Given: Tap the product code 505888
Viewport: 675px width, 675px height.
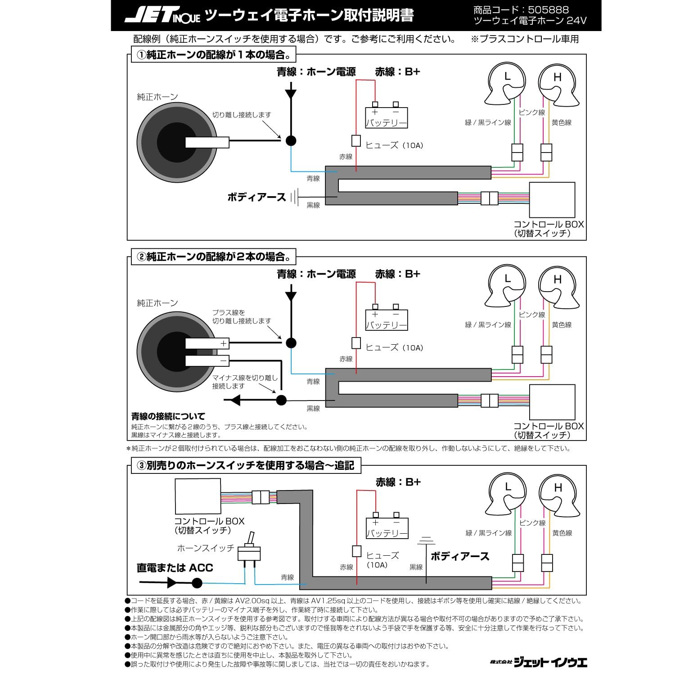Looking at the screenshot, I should tap(547, 9).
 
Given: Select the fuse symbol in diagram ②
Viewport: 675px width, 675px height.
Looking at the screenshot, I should tap(356, 343).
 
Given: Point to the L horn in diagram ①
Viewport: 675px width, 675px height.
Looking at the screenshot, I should tap(506, 83).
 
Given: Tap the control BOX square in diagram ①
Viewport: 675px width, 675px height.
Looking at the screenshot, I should tap(552, 200).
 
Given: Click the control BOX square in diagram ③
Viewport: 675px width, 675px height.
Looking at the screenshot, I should tap(198, 496).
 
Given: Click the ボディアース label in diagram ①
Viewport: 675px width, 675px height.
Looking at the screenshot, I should tap(256, 197).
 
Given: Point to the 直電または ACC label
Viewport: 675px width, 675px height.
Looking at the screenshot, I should tap(175, 568).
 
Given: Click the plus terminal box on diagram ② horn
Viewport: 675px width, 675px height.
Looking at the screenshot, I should tap(207, 343).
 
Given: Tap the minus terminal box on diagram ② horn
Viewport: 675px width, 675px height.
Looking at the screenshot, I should tap(207, 360).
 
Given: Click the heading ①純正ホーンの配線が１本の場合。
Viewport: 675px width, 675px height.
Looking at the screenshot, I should tap(214, 55).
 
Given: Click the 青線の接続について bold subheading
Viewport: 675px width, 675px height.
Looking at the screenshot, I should tap(168, 416).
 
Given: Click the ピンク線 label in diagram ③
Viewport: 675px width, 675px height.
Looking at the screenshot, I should tap(532, 523).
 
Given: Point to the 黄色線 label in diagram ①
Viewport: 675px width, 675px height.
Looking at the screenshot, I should tap(562, 122).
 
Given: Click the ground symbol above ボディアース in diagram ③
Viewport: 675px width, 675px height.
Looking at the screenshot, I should tap(426, 539).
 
